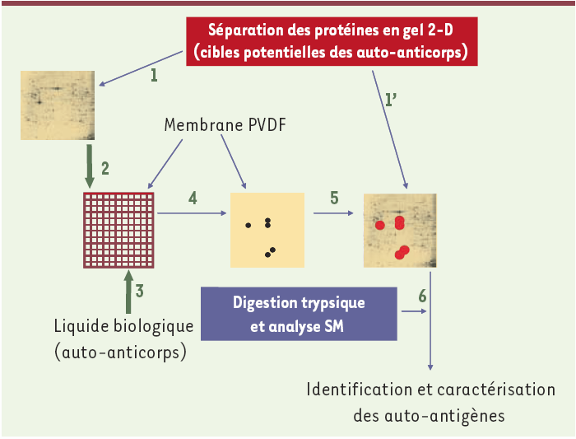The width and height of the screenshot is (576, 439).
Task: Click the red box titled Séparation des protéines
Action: [x=332, y=41]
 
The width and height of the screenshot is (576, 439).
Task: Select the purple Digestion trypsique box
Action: [x=299, y=314]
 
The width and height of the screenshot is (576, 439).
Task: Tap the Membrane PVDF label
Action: [x=225, y=125]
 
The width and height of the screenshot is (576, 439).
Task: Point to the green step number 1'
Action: [x=391, y=100]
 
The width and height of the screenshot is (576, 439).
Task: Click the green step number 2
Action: [x=105, y=168]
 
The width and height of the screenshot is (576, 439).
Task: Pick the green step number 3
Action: [x=139, y=291]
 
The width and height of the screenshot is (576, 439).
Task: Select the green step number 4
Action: [x=193, y=198]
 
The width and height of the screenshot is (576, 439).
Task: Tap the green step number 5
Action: [x=334, y=198]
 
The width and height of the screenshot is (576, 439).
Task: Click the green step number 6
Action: [x=422, y=296]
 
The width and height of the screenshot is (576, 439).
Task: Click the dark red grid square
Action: [x=118, y=230]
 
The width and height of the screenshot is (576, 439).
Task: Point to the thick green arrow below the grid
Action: [x=128, y=292]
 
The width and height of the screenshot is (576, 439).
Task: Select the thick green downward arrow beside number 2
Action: [x=90, y=166]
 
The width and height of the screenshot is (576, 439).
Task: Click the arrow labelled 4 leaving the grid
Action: [x=192, y=213]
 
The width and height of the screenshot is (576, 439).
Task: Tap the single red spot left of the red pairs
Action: [x=380, y=225]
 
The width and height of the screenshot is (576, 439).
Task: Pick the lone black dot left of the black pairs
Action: [x=249, y=225]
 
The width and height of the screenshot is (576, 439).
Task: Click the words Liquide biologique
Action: [x=123, y=326]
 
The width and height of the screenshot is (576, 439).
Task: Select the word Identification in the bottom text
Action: [x=360, y=390]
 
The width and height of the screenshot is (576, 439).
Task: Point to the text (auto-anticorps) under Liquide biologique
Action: [x=120, y=353]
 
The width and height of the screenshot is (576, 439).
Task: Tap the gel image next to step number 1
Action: [x=58, y=105]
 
